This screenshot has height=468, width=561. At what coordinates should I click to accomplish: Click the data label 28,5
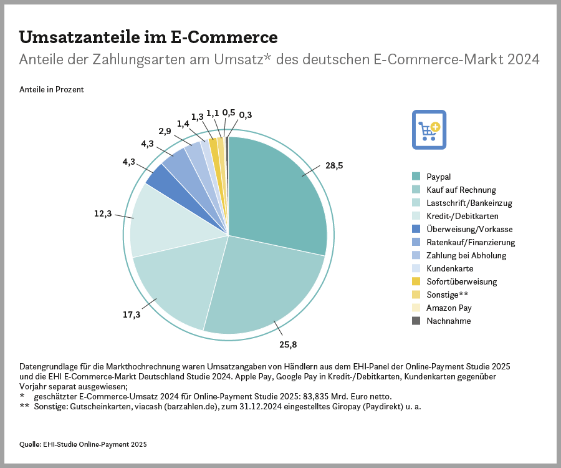334,166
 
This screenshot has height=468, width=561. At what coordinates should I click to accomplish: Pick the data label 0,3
246,115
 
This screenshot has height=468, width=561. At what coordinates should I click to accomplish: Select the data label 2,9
165,131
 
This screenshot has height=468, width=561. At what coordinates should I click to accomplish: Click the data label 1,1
213,113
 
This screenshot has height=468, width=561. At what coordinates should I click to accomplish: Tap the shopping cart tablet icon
429,129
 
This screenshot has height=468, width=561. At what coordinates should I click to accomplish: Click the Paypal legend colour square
416,177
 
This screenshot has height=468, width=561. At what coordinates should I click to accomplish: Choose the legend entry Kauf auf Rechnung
461,190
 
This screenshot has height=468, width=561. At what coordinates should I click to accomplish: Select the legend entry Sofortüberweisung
461,281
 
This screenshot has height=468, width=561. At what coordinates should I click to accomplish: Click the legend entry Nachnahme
448,321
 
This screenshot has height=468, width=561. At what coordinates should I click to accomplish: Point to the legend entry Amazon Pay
449,308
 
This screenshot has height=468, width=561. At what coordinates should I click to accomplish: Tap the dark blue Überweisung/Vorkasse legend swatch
416,229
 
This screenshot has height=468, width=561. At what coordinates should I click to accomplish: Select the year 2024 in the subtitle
523,60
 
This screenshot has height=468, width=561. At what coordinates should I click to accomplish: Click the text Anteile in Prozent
52,89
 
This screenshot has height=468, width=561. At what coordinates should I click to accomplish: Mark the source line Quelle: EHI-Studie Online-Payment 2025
84,444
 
